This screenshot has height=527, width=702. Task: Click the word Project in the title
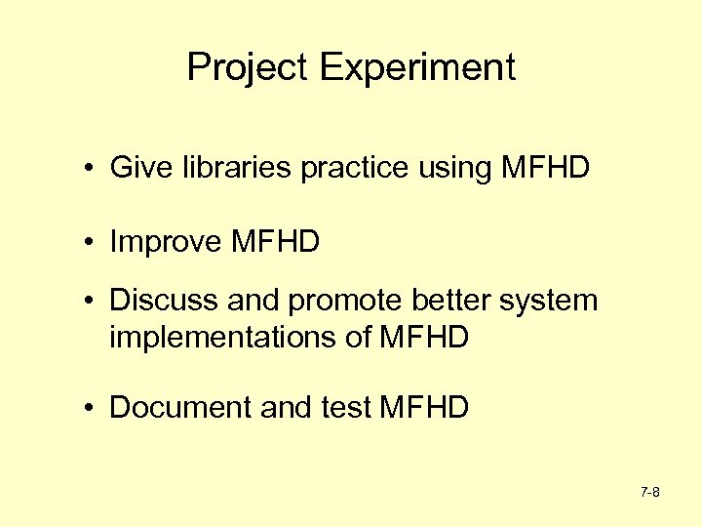click(x=248, y=68)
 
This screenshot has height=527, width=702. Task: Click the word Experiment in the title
click(x=416, y=68)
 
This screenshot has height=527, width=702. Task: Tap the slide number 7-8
click(x=650, y=493)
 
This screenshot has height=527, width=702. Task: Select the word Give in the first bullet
click(x=135, y=168)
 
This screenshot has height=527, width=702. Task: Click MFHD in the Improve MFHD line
click(x=276, y=241)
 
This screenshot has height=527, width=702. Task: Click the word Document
click(x=180, y=407)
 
